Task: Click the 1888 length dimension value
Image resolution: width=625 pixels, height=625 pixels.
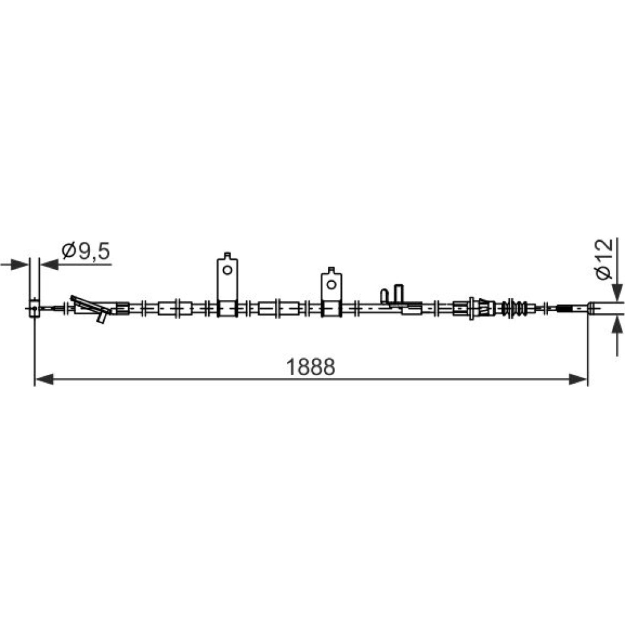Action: point(311,367)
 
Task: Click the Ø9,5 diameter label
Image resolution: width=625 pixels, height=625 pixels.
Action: point(86,251)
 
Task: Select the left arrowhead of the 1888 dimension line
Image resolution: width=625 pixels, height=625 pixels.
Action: point(44,379)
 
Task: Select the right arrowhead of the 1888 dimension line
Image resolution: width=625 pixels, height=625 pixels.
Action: point(578,379)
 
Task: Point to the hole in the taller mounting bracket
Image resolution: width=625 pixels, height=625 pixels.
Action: point(227,270)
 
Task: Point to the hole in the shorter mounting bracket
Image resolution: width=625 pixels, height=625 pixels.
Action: point(331,284)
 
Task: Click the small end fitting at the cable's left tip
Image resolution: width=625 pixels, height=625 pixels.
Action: point(34,307)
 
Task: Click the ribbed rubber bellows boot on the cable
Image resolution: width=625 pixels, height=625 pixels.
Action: point(514,308)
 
